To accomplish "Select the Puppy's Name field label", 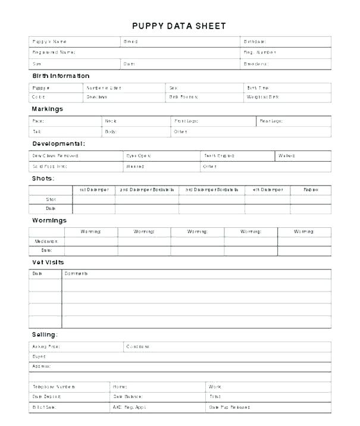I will pos(49,42).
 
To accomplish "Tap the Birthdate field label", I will pos(255,42).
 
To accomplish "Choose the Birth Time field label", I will pos(258,87).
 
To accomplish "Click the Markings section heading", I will pos(47,109).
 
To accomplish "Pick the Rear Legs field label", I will pos(271,121).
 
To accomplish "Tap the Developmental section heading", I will pos(58,143).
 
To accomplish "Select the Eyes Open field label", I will pos(137,155).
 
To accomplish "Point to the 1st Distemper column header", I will pos(93,190).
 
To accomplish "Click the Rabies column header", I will pos(311,190).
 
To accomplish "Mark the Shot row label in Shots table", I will pos(51,199).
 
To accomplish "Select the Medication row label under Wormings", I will pos(46,241).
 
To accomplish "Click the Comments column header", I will pos(76,274).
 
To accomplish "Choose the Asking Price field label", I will pos(46,346).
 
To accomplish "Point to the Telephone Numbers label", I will pos(54,387).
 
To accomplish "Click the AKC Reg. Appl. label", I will pos(129,407).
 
